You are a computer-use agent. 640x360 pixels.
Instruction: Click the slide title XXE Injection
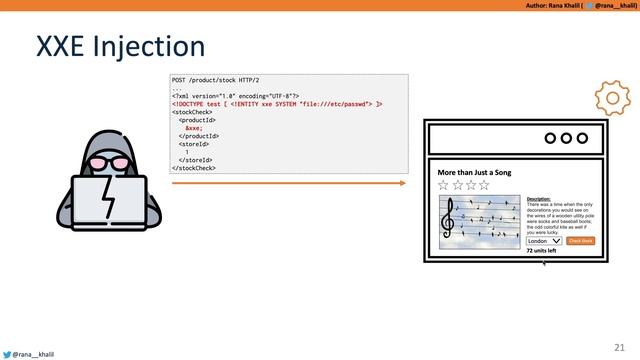(120, 46)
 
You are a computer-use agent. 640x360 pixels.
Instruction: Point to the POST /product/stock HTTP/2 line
(215, 79)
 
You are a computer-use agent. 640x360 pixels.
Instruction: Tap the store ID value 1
(187, 152)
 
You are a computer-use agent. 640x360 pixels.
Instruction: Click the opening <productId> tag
(197, 120)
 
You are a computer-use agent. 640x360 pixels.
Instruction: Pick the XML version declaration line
(236, 95)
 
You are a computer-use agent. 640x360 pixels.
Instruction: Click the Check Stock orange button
(580, 241)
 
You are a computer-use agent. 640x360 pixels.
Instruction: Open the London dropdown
(544, 241)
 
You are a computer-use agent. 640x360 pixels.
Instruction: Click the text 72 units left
(541, 251)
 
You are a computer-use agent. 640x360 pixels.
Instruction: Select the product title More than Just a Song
(474, 172)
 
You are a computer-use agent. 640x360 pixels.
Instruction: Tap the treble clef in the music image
(449, 215)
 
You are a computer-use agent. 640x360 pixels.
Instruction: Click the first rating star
(444, 185)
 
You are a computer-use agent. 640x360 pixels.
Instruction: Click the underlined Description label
(538, 199)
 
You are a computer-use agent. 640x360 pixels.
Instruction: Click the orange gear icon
(612, 98)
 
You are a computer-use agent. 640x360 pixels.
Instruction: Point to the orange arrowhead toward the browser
(402, 183)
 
